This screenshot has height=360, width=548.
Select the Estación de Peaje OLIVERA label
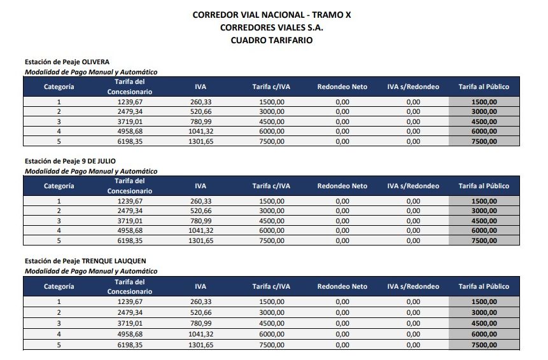pyautogui.click(x=67, y=62)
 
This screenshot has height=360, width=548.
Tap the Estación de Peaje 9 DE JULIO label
pyautogui.click(x=70, y=162)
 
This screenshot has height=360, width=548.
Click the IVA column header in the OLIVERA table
pyautogui.click(x=200, y=87)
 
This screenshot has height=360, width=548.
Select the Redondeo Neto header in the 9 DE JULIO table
pyautogui.click(x=342, y=186)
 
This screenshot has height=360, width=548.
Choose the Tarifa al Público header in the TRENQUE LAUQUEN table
pyautogui.click(x=484, y=286)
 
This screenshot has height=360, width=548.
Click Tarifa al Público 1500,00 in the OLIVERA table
pyautogui.click(x=484, y=102)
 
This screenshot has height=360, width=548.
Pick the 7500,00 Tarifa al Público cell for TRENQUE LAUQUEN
pyautogui.click(x=484, y=344)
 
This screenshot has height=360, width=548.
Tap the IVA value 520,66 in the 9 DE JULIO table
pyautogui.click(x=200, y=211)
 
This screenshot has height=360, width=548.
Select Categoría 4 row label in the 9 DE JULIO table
pyautogui.click(x=59, y=231)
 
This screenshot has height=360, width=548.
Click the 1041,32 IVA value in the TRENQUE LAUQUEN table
pyautogui.click(x=201, y=333)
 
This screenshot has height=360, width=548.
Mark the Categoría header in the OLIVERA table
pyautogui.click(x=59, y=87)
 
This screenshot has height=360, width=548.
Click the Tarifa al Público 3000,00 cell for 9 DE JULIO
pyautogui.click(x=484, y=211)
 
